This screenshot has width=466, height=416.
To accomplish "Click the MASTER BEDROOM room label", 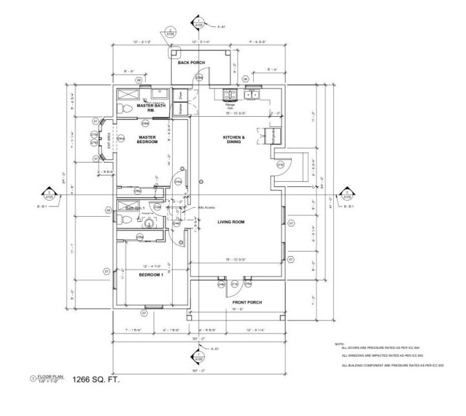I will click(x=148, y=139).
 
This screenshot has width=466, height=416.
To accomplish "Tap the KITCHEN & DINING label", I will click(x=232, y=140).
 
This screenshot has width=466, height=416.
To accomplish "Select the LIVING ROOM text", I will click(x=231, y=223).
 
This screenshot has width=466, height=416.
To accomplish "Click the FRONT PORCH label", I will click(x=247, y=302).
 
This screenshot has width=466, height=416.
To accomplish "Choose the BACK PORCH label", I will click(x=191, y=63).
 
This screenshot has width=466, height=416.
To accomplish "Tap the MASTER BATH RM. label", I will click(x=151, y=107).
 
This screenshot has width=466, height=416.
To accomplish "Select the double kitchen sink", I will click(x=251, y=95).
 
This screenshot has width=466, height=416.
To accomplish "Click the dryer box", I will click(x=181, y=95).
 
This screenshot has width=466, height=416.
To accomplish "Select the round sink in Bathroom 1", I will click(x=148, y=224).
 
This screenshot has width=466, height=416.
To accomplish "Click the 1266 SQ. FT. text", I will click(x=96, y=380).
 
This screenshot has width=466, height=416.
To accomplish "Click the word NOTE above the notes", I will click(x=339, y=344).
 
